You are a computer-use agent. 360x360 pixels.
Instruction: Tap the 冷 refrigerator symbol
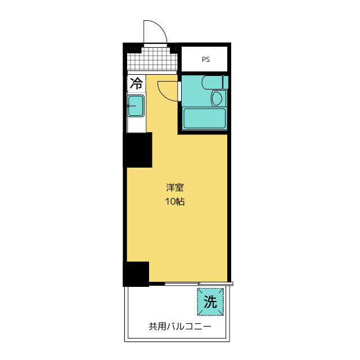click(x=136, y=84)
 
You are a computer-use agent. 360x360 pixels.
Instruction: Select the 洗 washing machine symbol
click(x=210, y=302)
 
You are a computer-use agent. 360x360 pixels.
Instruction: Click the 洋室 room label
click(x=175, y=188)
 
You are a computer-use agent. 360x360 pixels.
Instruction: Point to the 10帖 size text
click(x=175, y=201)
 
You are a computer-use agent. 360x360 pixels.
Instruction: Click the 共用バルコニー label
click(x=179, y=326)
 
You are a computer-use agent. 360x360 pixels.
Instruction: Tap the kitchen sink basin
click(x=136, y=105)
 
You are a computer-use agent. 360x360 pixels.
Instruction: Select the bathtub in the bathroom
click(x=205, y=119)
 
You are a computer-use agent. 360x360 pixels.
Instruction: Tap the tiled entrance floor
click(x=149, y=58)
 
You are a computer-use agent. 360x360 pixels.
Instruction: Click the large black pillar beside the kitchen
click(x=138, y=150)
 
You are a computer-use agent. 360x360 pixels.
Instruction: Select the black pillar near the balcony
click(x=136, y=273)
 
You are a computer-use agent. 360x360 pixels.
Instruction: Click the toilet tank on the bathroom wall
click(x=226, y=82)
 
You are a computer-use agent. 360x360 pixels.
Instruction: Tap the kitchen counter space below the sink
click(x=136, y=124)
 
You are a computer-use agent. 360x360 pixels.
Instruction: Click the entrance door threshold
click(x=155, y=44)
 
